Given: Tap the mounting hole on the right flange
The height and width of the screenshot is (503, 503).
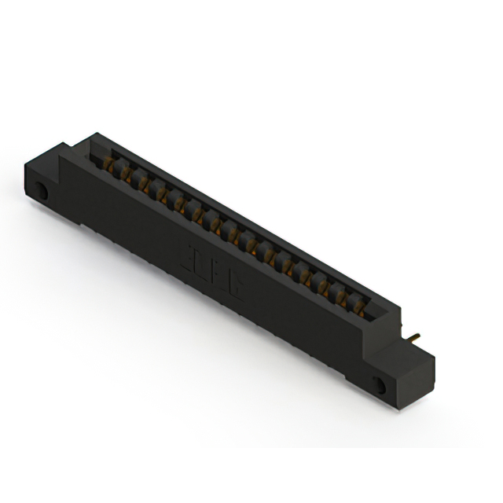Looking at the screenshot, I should (x=380, y=385).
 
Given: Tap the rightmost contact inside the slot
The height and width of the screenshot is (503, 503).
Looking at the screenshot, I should (x=359, y=307).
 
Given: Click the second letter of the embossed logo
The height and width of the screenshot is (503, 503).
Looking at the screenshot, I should (x=214, y=272).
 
